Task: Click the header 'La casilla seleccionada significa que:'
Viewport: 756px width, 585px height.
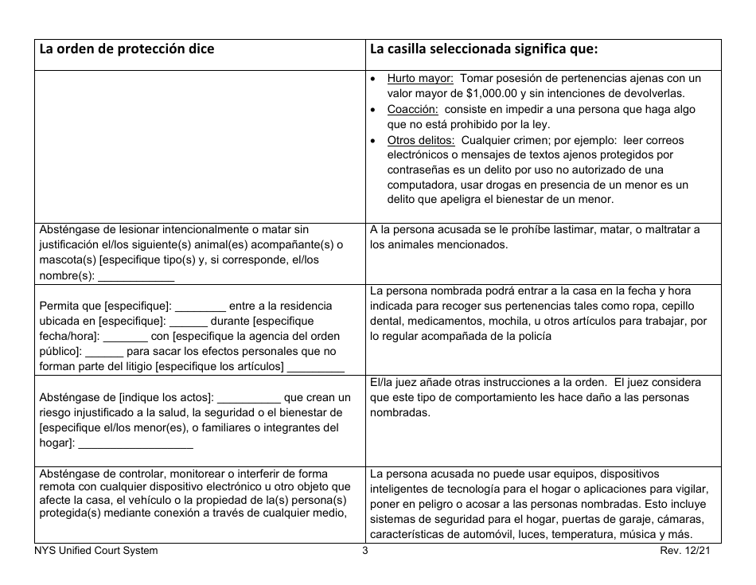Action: click(483, 49)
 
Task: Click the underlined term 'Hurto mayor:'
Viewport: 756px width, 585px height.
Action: click(420, 78)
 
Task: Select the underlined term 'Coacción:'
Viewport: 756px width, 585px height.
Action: click(412, 109)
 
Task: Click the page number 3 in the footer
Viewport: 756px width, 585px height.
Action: click(365, 551)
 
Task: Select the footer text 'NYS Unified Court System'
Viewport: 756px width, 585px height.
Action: click(96, 551)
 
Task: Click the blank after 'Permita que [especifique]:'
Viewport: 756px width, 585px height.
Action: click(200, 306)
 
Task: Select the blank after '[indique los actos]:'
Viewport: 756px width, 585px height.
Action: click(248, 397)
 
